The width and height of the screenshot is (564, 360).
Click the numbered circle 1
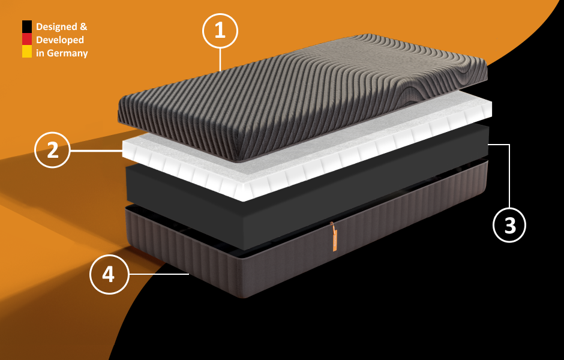(x=220, y=31)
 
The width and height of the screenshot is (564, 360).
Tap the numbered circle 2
(x=52, y=150)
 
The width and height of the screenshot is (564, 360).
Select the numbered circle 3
(x=509, y=225)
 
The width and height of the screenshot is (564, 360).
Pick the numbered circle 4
(x=109, y=274)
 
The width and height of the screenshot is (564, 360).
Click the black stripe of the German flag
(x=27, y=26)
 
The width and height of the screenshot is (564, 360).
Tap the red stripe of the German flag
(x=27, y=39)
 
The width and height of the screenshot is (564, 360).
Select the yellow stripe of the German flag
(x=27, y=52)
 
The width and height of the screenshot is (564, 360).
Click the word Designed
(x=56, y=27)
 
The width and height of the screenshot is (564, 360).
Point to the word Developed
(x=60, y=40)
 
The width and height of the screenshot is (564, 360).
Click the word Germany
(x=67, y=53)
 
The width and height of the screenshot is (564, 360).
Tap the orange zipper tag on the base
(x=334, y=238)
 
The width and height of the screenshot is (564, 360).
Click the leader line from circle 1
(x=220, y=60)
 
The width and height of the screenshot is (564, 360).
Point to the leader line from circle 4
(x=158, y=274)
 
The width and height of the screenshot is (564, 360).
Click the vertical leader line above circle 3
(x=509, y=176)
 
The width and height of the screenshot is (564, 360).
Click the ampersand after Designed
(x=83, y=26)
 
